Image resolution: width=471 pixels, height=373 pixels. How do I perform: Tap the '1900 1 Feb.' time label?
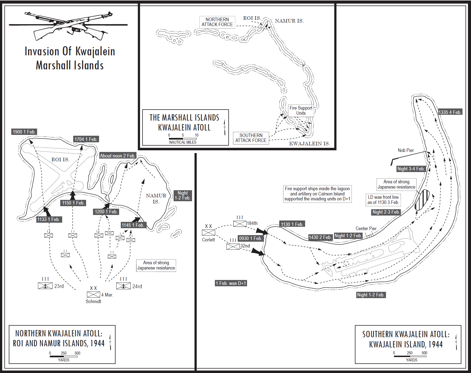pyautogui.click(x=24, y=132)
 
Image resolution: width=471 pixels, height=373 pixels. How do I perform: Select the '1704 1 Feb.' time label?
pyautogui.click(x=86, y=139)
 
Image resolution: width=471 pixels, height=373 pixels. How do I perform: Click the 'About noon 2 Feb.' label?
pyautogui.click(x=117, y=156)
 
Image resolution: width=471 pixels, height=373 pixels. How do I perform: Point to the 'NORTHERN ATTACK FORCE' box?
pyautogui.click(x=217, y=22)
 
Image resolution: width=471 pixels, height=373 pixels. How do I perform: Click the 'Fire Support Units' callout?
pyautogui.click(x=301, y=111)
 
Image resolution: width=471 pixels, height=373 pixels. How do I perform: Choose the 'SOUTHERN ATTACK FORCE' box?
pyautogui.click(x=251, y=138)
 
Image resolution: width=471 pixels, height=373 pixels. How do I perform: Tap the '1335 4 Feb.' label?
pyautogui.click(x=450, y=112)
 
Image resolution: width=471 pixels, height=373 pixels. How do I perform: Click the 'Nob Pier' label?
pyautogui.click(x=406, y=150)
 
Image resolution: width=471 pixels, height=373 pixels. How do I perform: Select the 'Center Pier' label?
pyautogui.click(x=366, y=228)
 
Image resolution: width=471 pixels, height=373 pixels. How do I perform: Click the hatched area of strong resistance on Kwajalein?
pyautogui.click(x=422, y=200)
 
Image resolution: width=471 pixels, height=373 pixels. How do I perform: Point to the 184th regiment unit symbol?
pyautogui.click(x=240, y=224)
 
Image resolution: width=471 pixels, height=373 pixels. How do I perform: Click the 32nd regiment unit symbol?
pyautogui.click(x=233, y=247)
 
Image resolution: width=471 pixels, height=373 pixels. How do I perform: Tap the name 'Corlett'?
pyautogui.click(x=208, y=240)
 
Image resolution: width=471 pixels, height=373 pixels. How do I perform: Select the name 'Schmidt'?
pyautogui.click(x=93, y=301)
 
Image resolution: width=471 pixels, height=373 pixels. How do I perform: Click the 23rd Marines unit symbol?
pyautogui.click(x=45, y=286)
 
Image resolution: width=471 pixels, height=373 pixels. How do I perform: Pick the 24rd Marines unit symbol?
pyautogui.click(x=123, y=286)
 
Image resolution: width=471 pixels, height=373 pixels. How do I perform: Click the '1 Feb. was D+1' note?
pyautogui.click(x=231, y=283)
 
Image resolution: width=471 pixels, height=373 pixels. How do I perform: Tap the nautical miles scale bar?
pyautogui.click(x=183, y=138)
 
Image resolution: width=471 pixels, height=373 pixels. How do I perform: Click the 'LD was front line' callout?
pyautogui.click(x=383, y=200)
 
